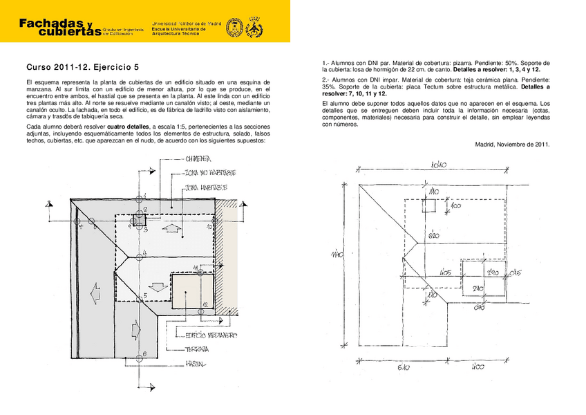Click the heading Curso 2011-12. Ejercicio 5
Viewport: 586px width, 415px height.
[83, 67]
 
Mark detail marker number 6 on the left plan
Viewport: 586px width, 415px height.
[140, 355]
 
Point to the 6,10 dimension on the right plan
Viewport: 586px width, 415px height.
[402, 368]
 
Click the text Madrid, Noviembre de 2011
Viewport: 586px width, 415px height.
[512, 144]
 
